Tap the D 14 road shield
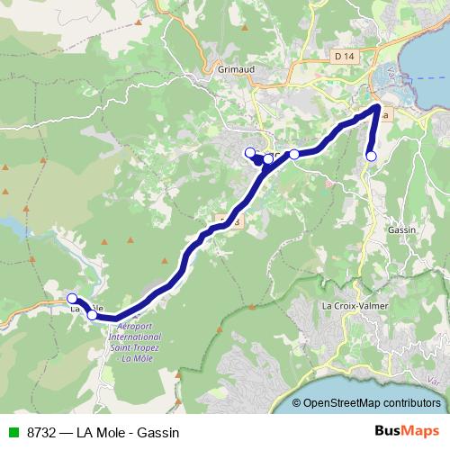point(342,56)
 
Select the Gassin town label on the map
point(401,229)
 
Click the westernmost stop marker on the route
point(72,298)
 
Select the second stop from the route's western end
point(92,315)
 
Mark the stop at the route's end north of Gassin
point(371,157)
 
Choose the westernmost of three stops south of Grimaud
point(250,152)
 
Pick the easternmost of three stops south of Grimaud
point(293,154)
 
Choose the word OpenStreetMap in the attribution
point(345,403)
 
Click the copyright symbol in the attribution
point(297,403)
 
